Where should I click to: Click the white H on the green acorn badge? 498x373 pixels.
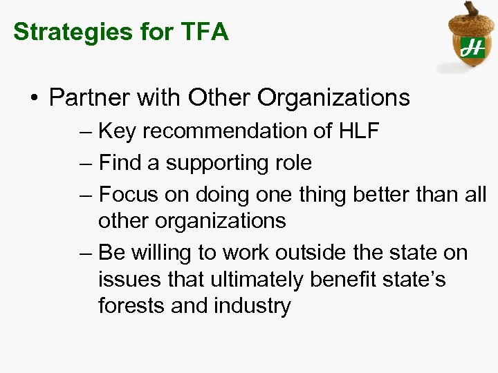(472, 48)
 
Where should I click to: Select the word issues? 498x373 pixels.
(127, 280)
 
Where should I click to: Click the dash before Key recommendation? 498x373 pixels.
(86, 131)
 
